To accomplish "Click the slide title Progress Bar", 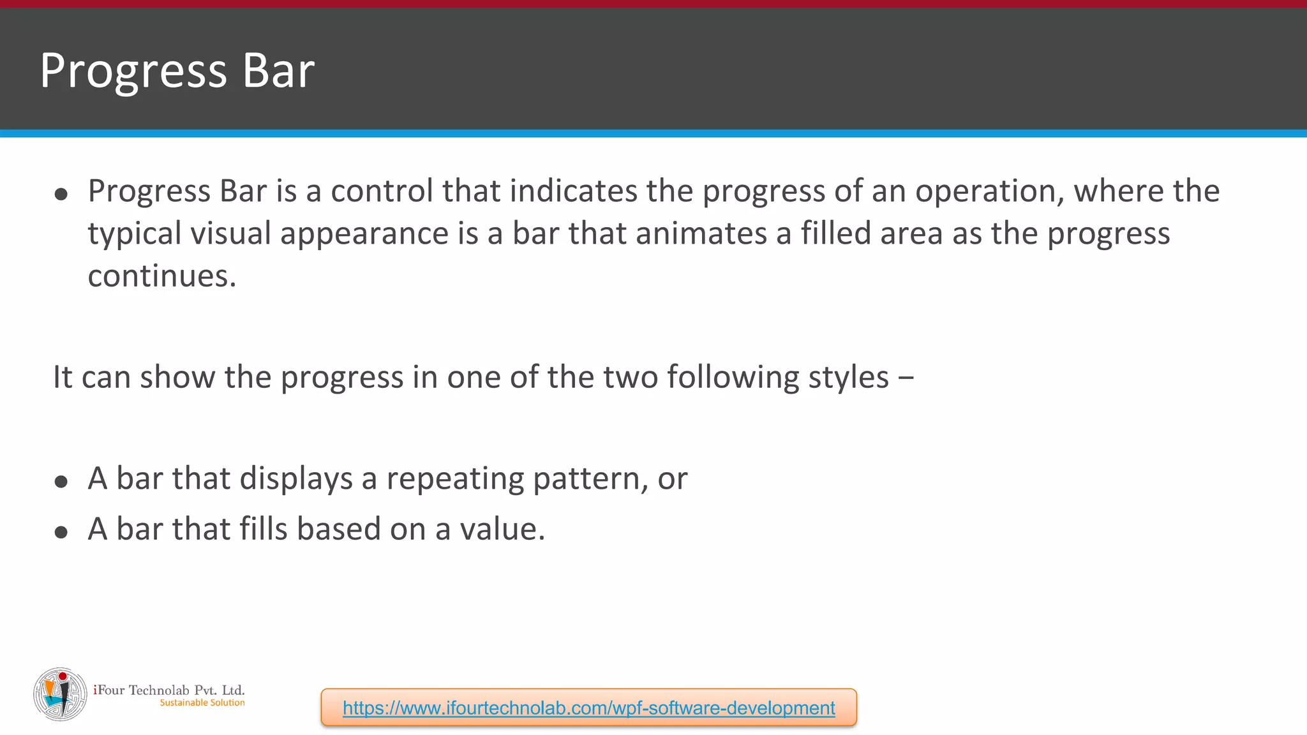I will [x=177, y=70].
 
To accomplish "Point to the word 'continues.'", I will [x=162, y=276].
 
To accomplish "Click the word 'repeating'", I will [x=455, y=479].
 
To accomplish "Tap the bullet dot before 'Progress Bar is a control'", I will [x=61, y=194].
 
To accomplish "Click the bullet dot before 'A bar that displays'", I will [x=61, y=482].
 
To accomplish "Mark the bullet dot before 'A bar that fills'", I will [x=61, y=532].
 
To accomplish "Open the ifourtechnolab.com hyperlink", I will [x=588, y=708].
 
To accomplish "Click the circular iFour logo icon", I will [x=60, y=694].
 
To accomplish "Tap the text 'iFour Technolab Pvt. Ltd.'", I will [x=169, y=690].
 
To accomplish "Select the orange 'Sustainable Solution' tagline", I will [x=202, y=703].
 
